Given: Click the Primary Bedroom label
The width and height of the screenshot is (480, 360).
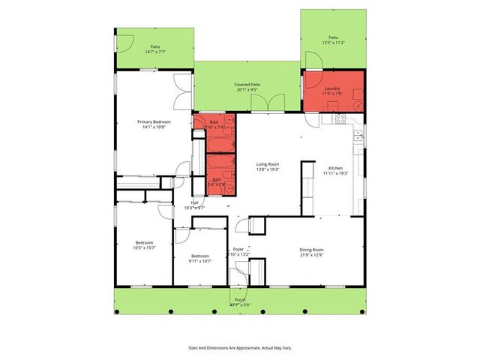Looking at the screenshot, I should (154, 124).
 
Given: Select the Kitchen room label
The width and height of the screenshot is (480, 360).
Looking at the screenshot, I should (335, 170).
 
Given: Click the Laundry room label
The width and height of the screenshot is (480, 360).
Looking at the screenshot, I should (333, 91).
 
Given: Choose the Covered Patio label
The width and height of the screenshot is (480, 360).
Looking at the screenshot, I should (246, 87).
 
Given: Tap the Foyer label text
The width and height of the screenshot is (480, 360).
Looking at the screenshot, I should (238, 251).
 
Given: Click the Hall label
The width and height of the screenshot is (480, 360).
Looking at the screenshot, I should (194, 204).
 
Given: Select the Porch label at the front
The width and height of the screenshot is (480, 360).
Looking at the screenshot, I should (239, 302).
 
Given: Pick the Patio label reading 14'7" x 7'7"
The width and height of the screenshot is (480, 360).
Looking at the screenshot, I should (154, 48).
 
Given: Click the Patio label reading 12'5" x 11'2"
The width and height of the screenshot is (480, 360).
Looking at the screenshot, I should (333, 40).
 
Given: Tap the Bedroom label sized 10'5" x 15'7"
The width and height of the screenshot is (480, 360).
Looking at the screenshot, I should (145, 244).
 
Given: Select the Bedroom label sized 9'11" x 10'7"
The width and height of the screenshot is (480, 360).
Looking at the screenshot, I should (199, 258).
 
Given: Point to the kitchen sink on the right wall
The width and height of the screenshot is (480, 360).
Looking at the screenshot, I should (358, 136).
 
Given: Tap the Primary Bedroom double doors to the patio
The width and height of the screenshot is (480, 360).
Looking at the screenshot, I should (180, 91).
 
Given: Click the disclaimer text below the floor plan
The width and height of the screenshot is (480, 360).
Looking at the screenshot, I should (239, 347).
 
